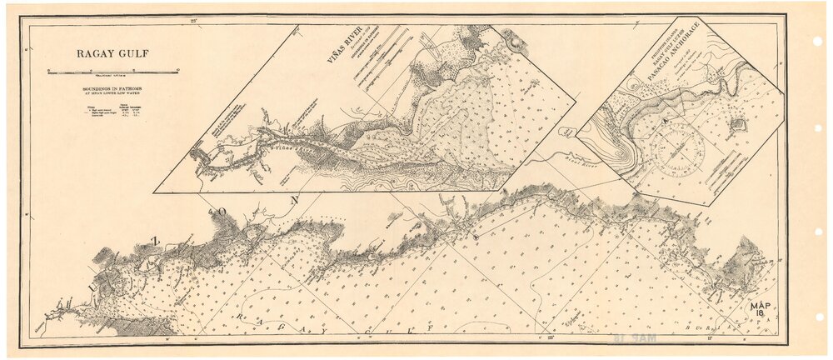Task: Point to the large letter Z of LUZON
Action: (153, 240)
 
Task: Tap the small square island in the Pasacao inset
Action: (737, 125)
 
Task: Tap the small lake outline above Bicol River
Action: (567, 132)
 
